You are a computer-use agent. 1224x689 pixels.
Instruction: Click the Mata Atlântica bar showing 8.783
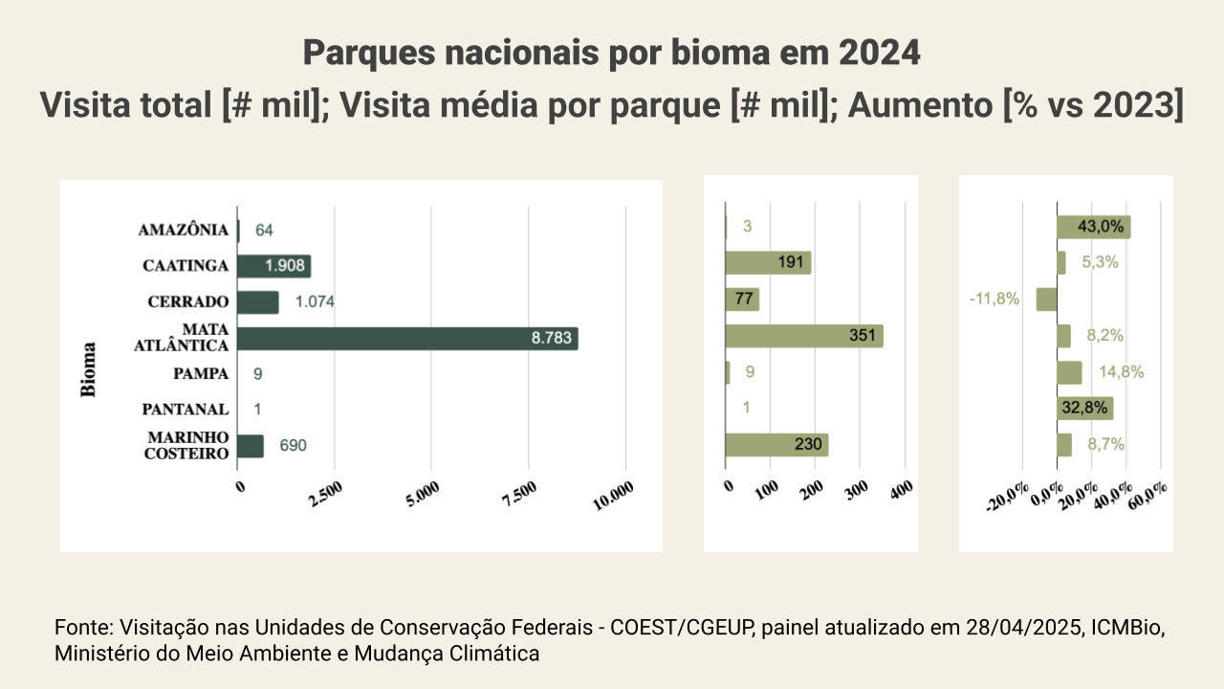pos(407,338)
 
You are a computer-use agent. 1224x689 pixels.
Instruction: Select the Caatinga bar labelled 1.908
pos(274,266)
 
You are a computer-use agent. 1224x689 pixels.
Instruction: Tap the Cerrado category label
pos(188,301)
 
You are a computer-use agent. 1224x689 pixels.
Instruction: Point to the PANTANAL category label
pos(186,410)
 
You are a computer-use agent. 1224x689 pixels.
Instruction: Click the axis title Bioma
pos(89,368)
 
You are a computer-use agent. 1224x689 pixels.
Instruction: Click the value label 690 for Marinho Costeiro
pos(294,446)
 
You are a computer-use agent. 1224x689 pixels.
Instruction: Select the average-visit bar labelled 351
pos(804,336)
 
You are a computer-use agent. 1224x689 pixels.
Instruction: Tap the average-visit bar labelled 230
pos(776,445)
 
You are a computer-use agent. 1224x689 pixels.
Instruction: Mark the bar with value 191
pos(768,263)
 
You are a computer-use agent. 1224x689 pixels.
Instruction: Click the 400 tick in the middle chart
pos(901,489)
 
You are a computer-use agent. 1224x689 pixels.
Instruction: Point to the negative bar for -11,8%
pos(1046,300)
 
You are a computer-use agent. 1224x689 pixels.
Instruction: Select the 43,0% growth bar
pos(1093,227)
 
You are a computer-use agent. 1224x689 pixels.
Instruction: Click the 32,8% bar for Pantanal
pos(1084,409)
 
